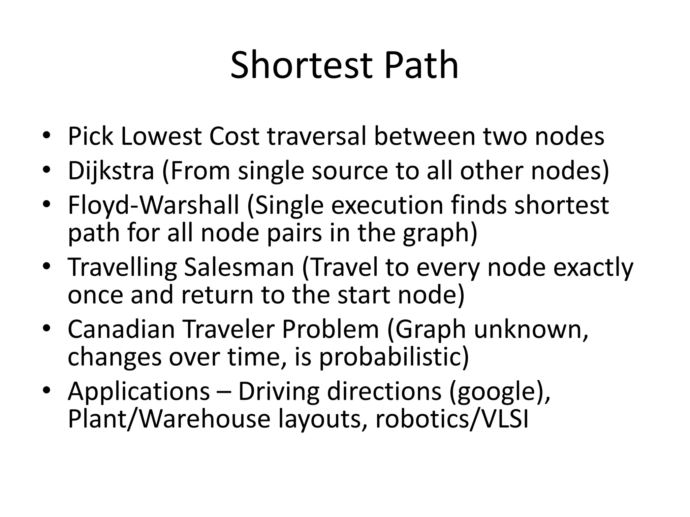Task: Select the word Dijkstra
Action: pos(111,171)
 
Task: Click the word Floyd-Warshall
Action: pos(153,206)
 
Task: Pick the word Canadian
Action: pos(121,329)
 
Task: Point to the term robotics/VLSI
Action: pos(452,419)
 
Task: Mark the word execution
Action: pos(387,206)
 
